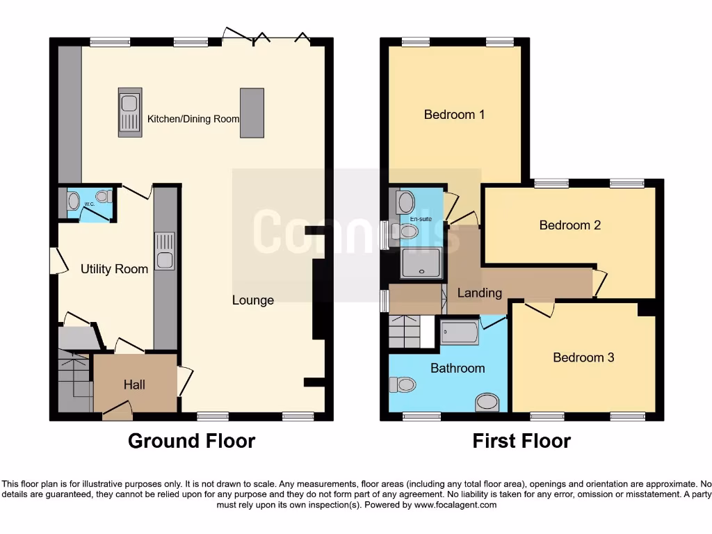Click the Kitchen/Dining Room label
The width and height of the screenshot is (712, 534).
(x=193, y=119)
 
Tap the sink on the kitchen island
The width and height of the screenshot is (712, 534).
(x=129, y=112)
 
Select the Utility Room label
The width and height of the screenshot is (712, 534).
(x=115, y=269)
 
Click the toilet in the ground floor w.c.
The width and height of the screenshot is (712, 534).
(x=74, y=201)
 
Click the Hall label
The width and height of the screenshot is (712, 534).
(x=134, y=384)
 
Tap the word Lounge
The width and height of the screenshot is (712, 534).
(x=253, y=300)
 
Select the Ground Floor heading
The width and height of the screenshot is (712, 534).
(x=191, y=441)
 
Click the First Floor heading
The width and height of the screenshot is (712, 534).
(x=521, y=441)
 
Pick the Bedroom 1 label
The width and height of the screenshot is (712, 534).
(x=454, y=114)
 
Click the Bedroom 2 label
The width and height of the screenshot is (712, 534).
(x=569, y=225)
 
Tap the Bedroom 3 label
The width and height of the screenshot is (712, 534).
(x=583, y=357)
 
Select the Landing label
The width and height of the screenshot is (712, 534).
(x=479, y=293)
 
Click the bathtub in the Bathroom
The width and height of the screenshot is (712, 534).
(x=460, y=333)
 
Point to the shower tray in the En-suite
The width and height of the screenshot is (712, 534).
(x=421, y=264)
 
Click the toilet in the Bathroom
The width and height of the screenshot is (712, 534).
(x=403, y=384)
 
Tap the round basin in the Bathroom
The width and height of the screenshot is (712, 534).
(x=487, y=403)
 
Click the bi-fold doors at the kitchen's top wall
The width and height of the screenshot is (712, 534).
(x=265, y=38)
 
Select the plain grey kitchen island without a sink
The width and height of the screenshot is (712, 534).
(x=252, y=113)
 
